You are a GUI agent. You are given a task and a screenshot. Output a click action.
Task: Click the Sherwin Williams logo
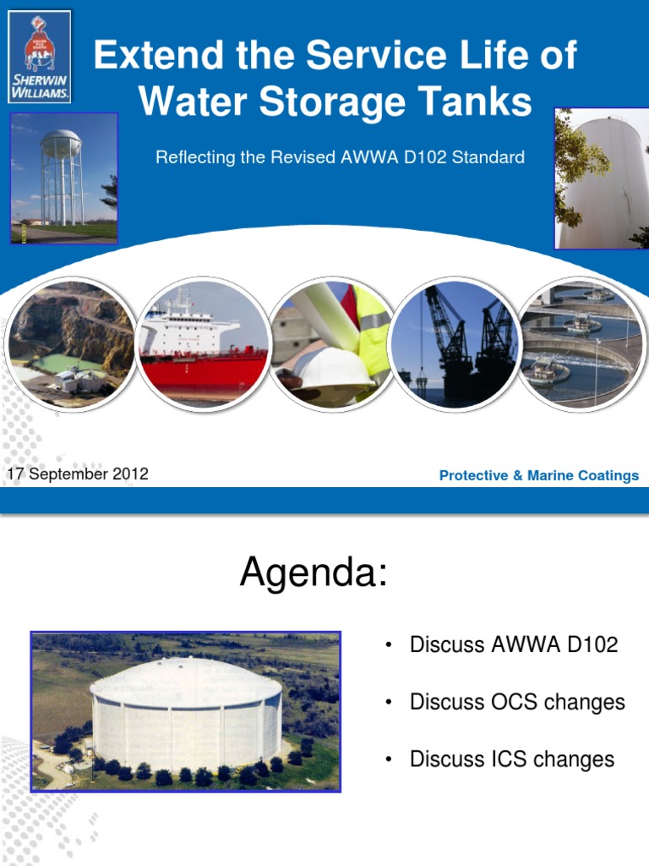tap(40, 57)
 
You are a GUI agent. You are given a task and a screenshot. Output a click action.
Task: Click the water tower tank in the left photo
tap(61, 143)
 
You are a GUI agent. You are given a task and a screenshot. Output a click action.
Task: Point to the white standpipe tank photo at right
tap(602, 179)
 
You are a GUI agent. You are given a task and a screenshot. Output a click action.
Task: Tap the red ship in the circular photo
tap(203, 355)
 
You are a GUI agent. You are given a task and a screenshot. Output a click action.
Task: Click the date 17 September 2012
tap(78, 474)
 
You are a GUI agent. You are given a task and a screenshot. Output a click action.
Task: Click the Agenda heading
tap(314, 573)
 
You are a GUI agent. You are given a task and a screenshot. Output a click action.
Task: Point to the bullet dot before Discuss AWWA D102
tap(388, 646)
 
